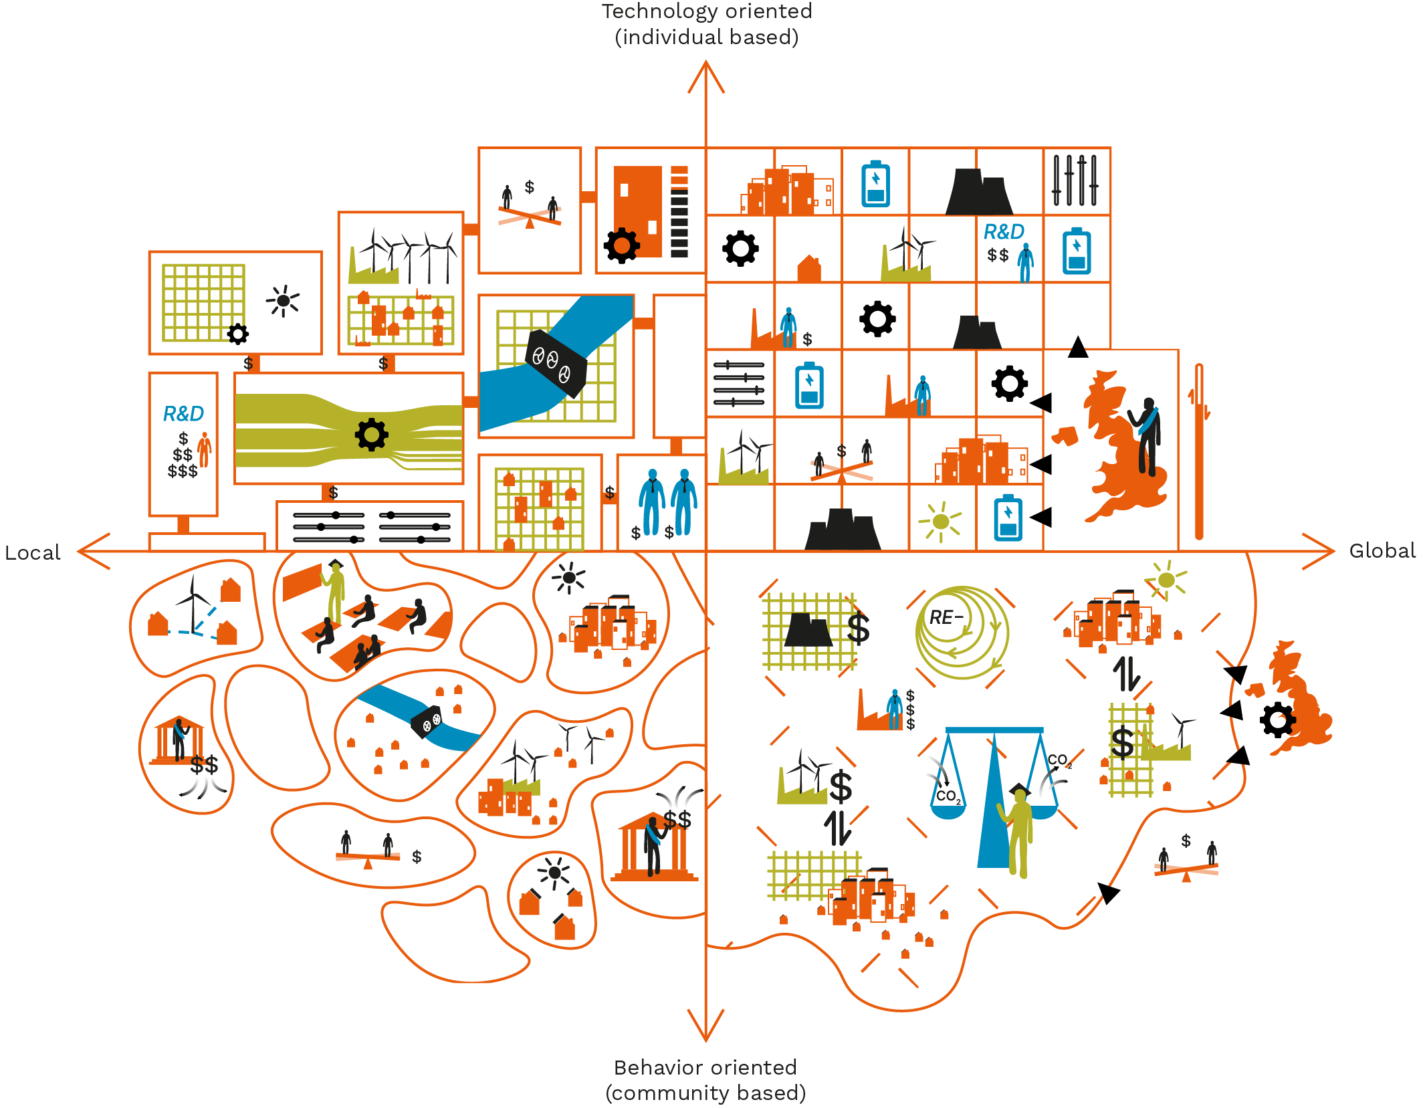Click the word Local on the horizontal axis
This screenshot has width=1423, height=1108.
pyautogui.click(x=32, y=553)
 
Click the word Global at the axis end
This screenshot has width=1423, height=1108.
pyautogui.click(x=1382, y=551)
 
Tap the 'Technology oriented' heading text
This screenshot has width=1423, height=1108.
pyautogui.click(x=706, y=11)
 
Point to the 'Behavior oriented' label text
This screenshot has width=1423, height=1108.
pyautogui.click(x=705, y=1067)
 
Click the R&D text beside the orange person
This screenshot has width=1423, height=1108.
pyautogui.click(x=183, y=414)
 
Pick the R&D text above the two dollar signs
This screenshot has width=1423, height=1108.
pyautogui.click(x=1003, y=232)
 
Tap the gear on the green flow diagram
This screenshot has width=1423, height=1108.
pyautogui.click(x=372, y=435)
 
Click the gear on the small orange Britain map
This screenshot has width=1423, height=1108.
pyautogui.click(x=1277, y=720)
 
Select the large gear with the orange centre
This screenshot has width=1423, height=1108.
pyautogui.click(x=621, y=245)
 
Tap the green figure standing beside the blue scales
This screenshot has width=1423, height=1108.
pyautogui.click(x=1019, y=829)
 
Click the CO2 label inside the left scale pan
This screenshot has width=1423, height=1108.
pyautogui.click(x=948, y=796)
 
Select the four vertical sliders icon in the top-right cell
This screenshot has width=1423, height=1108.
pyautogui.click(x=1075, y=181)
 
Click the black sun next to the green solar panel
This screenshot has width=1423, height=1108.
pyautogui.click(x=284, y=301)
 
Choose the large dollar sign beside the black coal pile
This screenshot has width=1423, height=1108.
pyautogui.click(x=858, y=629)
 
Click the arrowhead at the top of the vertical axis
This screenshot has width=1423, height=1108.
pyautogui.click(x=706, y=74)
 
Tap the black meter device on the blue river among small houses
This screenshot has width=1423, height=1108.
pyautogui.click(x=426, y=722)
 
